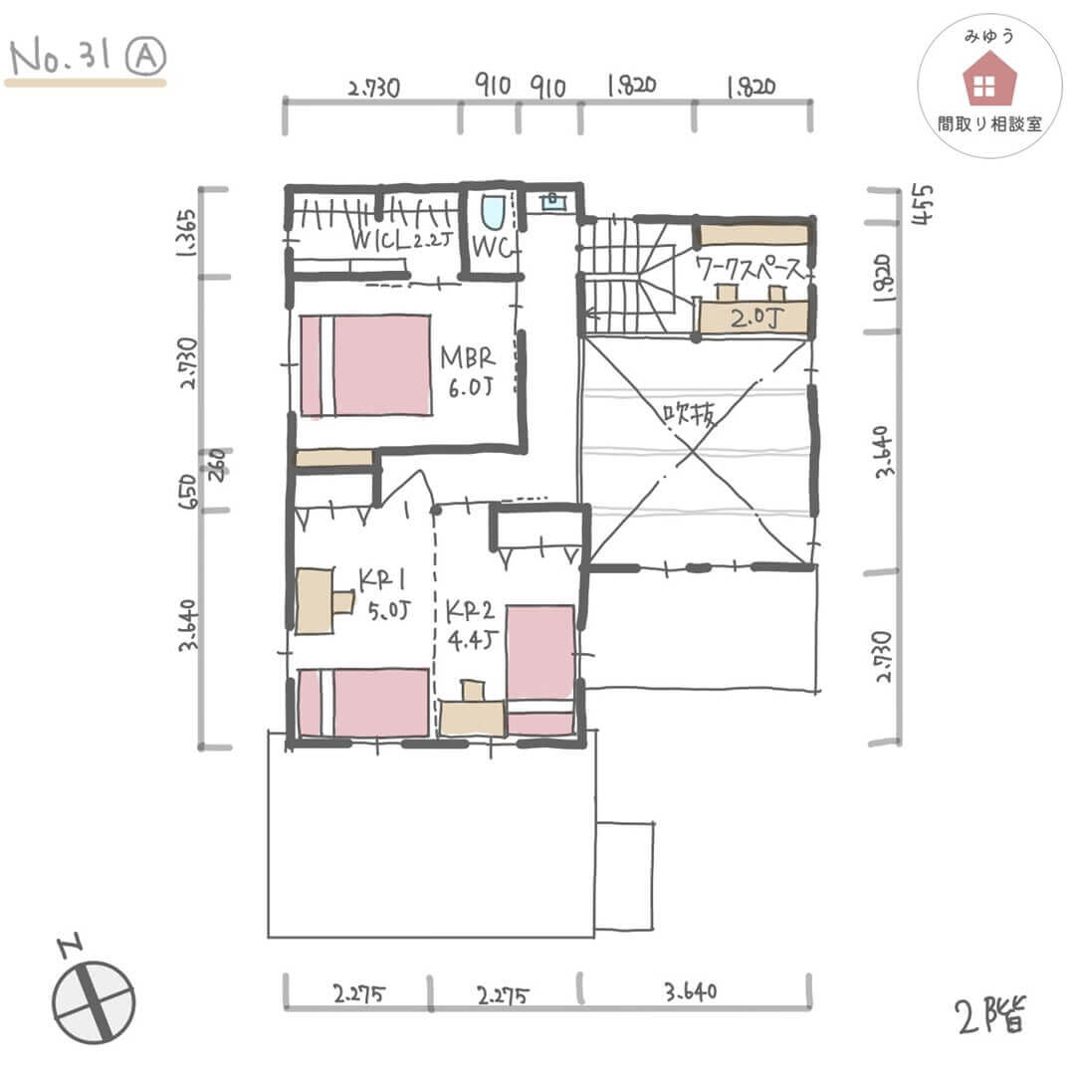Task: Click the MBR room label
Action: [468, 357]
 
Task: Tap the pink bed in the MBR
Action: [365, 364]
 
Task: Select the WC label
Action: [493, 247]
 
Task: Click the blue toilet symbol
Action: [493, 212]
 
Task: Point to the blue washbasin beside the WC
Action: [551, 201]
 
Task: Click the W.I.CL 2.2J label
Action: [401, 239]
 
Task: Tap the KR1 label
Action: [382, 581]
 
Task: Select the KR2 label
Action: [470, 610]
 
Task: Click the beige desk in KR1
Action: [323, 600]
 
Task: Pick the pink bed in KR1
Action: [364, 703]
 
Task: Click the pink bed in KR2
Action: [540, 670]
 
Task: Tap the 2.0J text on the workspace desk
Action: [756, 318]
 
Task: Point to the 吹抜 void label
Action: [690, 413]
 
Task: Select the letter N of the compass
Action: [71, 947]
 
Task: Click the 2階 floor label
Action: [990, 1015]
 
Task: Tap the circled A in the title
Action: [146, 56]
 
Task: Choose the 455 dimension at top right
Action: [923, 204]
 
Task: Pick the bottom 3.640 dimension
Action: [691, 991]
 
